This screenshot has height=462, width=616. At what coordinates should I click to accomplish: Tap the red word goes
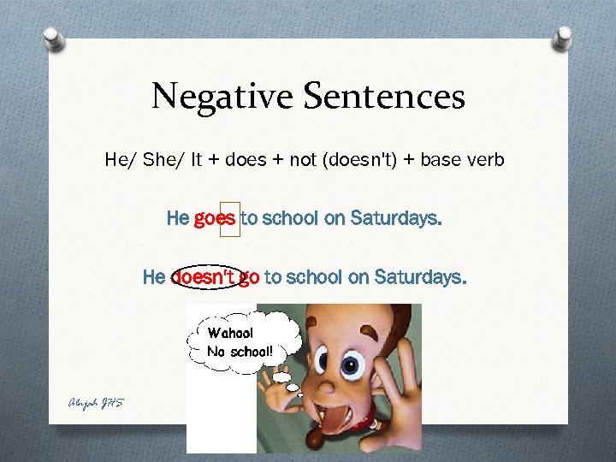(x=215, y=218)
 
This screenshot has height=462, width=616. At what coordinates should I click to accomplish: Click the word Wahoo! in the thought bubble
(x=230, y=333)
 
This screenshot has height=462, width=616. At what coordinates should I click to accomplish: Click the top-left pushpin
(x=52, y=38)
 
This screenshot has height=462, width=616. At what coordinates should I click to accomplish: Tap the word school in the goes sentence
(x=289, y=218)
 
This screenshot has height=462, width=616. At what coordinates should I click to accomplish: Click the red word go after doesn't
(x=249, y=277)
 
